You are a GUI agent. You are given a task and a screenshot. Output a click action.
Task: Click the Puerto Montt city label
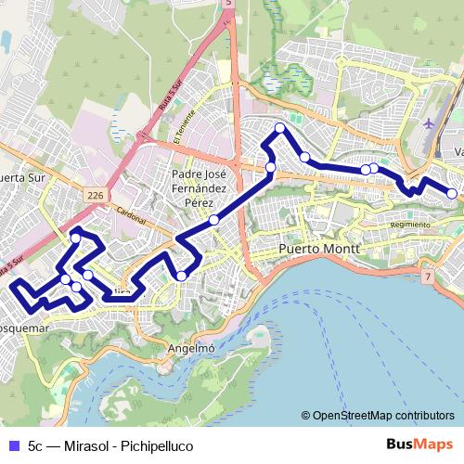pyautogui.click(x=319, y=251)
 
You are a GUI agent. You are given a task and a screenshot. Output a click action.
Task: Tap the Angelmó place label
pyautogui.click(x=192, y=348)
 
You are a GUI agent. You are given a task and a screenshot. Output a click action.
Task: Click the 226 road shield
pyautogui.click(x=95, y=196)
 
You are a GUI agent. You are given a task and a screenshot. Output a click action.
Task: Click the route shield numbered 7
pyautogui.click(x=427, y=277)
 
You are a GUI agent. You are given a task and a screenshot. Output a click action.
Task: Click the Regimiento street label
pyautogui.click(x=410, y=225)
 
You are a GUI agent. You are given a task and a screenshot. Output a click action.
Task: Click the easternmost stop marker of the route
pyautogui.click(x=452, y=194)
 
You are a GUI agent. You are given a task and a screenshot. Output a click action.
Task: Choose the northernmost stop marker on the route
pyautogui.click(x=279, y=128)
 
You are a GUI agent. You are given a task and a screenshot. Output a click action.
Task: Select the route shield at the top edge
pyautogui.click(x=228, y=4)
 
